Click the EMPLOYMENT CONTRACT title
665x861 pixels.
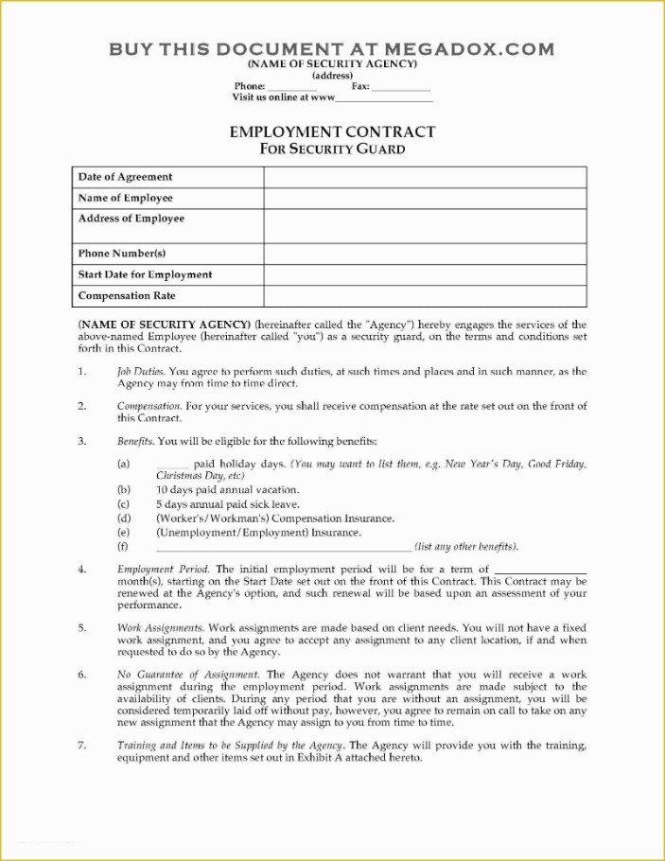point(332,132)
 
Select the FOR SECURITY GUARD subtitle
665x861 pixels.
point(332,149)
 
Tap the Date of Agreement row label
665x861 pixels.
point(125,177)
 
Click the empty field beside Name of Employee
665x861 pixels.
point(425,199)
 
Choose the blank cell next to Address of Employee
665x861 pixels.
point(425,226)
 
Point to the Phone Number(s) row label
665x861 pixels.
point(122,254)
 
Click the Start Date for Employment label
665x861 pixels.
point(145,275)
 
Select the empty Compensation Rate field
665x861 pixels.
point(425,297)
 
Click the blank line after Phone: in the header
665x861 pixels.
point(292,86)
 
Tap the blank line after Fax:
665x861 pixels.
point(401,86)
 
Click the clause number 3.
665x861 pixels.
point(82,441)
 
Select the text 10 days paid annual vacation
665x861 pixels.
point(227,490)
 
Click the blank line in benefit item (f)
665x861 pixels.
point(284,547)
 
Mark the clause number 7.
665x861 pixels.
point(82,746)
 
